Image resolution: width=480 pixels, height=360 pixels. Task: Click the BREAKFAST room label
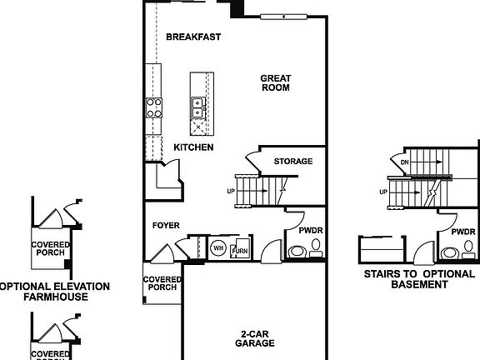[x=192, y=37]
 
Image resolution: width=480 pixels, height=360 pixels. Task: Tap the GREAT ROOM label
[x=275, y=82]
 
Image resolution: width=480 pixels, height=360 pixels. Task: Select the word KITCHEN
[x=193, y=147]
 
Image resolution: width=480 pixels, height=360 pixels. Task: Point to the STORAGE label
[x=293, y=161]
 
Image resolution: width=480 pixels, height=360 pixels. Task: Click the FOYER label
[x=166, y=225]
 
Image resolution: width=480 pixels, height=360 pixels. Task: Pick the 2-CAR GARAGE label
[x=254, y=337]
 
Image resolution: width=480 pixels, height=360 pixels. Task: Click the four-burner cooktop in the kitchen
[x=154, y=106]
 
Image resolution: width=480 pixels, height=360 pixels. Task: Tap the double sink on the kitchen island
[x=197, y=106]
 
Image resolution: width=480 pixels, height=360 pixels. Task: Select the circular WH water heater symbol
[x=218, y=247]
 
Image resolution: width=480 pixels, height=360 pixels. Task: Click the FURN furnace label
[x=240, y=251]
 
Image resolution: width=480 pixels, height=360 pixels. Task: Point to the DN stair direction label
[x=405, y=162]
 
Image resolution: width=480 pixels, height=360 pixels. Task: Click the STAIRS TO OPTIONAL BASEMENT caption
[x=419, y=278]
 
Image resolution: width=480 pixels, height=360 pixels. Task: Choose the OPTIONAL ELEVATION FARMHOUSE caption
[x=54, y=291]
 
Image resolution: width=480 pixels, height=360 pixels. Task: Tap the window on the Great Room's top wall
[x=284, y=16]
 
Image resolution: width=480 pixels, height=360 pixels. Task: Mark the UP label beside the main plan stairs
[x=230, y=192]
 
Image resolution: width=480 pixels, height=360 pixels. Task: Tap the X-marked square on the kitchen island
[x=197, y=128]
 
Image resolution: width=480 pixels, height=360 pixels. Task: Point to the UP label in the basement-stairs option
[x=384, y=192]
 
